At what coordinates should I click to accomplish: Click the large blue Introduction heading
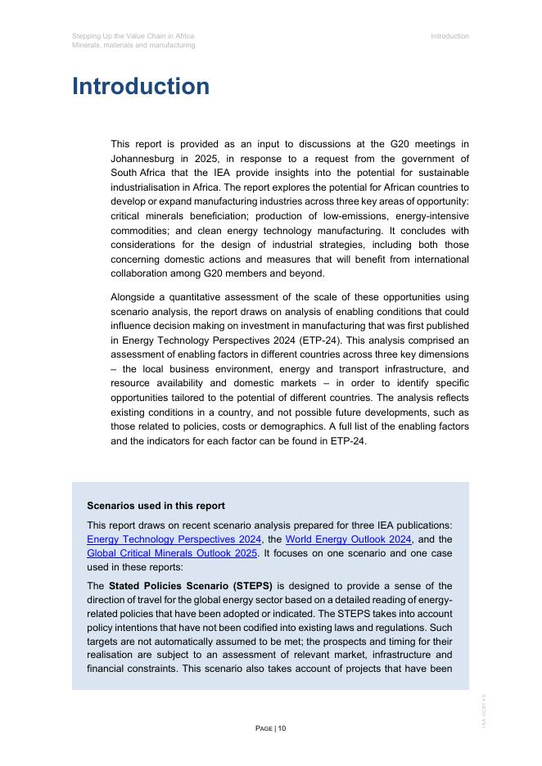pos(141,87)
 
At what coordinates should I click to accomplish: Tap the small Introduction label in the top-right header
pos(449,36)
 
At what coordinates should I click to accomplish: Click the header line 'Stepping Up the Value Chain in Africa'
pos(133,36)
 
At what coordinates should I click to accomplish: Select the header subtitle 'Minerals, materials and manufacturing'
pos(133,46)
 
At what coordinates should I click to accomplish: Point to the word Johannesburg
pos(145,159)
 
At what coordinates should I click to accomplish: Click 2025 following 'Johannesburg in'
pos(208,159)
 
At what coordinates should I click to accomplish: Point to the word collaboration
pos(139,273)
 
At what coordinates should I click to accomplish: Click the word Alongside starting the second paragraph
pos(136,297)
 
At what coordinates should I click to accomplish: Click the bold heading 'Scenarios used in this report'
pos(156,506)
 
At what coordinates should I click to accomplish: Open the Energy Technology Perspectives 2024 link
pos(174,539)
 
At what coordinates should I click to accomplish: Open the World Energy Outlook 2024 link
pos(348,539)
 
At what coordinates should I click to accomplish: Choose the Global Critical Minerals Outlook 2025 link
pos(172,553)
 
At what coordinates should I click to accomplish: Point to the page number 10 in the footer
pos(282,728)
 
